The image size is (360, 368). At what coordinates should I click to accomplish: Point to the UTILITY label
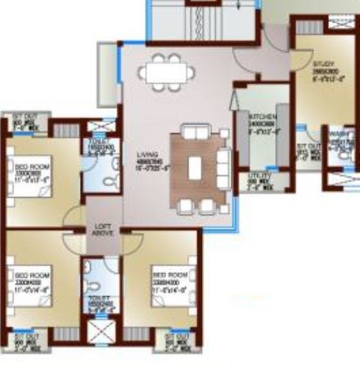260,177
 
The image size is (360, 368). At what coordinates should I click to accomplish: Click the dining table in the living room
166,72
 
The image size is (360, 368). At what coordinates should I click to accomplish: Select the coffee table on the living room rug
196,169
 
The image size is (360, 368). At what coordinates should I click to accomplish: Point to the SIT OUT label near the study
309,148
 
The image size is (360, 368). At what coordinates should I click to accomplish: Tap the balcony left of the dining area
106,73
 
